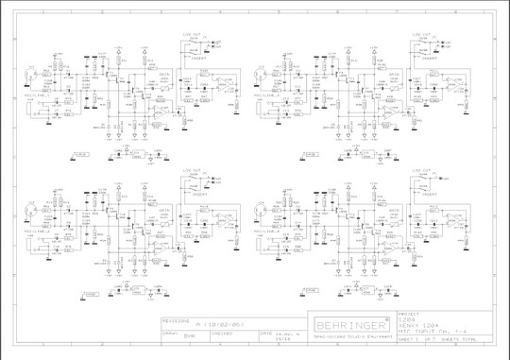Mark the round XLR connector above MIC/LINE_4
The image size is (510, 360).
265,204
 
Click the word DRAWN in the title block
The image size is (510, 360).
171,333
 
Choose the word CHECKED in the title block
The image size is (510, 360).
223,333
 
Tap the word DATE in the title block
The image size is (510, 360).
267,333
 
